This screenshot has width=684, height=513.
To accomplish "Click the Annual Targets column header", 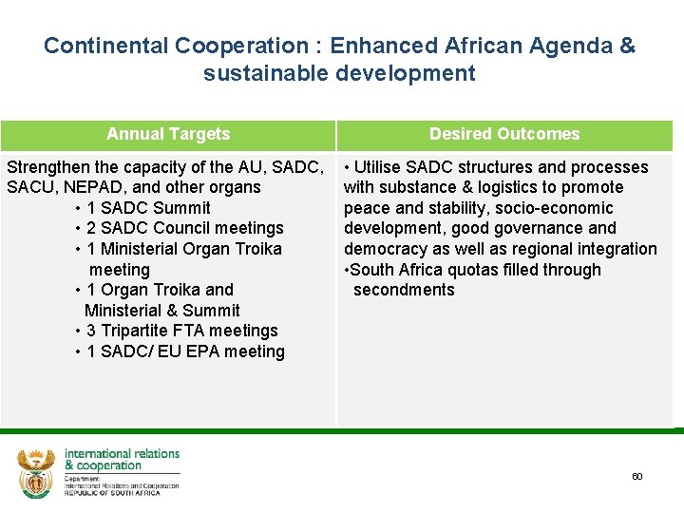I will click(x=168, y=134).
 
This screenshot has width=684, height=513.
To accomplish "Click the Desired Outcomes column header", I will click(x=503, y=134).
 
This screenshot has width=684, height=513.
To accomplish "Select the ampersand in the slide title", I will click(x=627, y=46).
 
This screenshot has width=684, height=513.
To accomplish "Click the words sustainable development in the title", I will click(x=339, y=73).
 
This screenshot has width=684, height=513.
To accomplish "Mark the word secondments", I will click(x=404, y=290).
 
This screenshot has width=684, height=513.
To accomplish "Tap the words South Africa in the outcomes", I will click(x=395, y=270).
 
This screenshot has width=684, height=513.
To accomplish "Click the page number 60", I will click(x=636, y=476).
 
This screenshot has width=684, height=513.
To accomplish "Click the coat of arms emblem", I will click(x=37, y=474).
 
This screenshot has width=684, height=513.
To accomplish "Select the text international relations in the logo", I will click(x=122, y=454).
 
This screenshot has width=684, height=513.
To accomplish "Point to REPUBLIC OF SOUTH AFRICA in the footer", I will click(x=112, y=493).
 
